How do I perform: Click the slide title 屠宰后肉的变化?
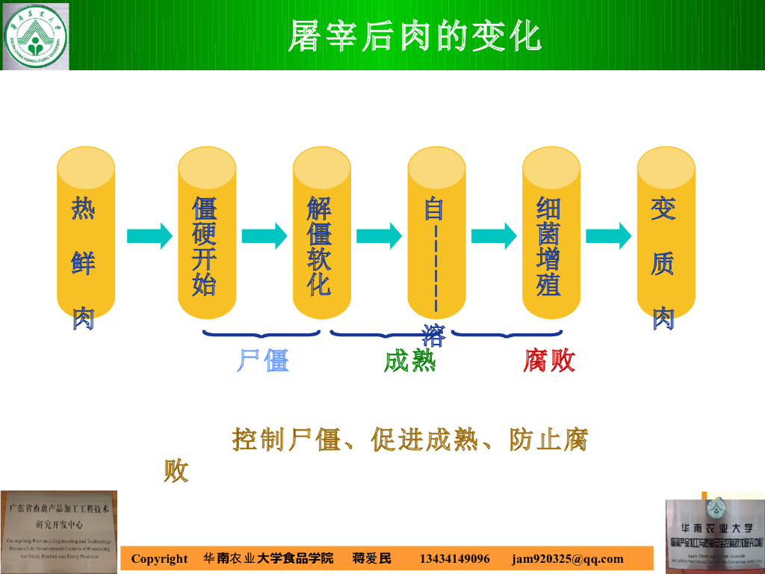click(x=415, y=35)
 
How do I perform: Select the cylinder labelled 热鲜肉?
click(x=86, y=232)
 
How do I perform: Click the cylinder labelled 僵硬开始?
click(x=206, y=232)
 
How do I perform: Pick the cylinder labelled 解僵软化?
click(x=321, y=232)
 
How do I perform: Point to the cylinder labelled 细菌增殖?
click(x=551, y=232)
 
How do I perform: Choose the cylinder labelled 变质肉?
click(x=666, y=232)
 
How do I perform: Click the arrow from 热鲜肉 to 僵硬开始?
click(x=149, y=236)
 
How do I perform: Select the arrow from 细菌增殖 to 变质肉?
click(x=608, y=236)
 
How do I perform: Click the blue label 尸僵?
click(x=263, y=361)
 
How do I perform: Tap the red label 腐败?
click(x=549, y=361)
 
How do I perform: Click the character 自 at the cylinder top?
click(x=434, y=209)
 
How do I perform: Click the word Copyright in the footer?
click(x=159, y=559)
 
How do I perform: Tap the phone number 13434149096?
click(x=455, y=559)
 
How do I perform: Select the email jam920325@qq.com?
click(x=567, y=559)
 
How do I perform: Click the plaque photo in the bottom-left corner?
click(x=59, y=530)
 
